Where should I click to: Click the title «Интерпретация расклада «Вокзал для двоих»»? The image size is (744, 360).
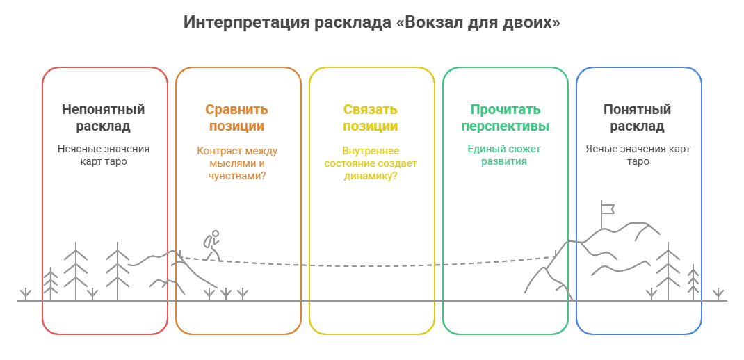372,22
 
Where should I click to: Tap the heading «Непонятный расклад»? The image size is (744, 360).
103,118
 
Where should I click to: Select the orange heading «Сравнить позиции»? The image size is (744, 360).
236,118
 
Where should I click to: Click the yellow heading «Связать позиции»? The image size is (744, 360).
370,118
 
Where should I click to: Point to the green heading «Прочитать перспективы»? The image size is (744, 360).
506,118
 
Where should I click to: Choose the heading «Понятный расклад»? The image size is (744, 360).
637,118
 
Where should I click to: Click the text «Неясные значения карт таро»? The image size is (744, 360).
103,155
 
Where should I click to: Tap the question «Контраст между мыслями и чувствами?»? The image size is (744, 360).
237,163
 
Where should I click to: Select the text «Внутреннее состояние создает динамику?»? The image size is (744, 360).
370,163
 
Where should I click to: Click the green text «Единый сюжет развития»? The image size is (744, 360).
504,155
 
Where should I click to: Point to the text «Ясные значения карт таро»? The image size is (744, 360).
638,155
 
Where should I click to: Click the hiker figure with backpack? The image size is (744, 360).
211,246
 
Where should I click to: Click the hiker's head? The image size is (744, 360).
216,234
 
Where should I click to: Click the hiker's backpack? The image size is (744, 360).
207,242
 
